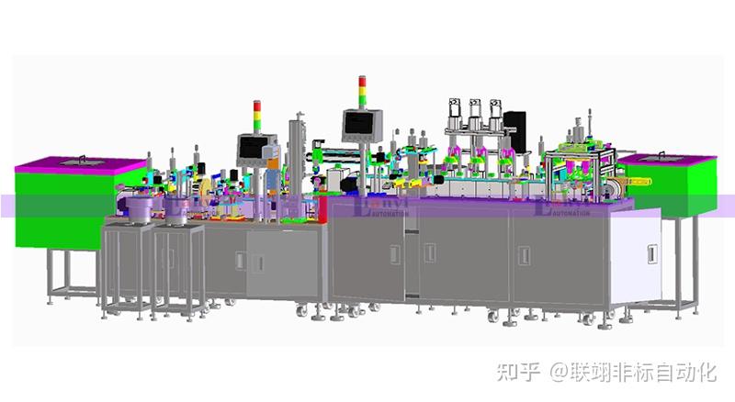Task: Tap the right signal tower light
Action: (x=360, y=93)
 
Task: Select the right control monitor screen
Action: (x=356, y=122)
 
